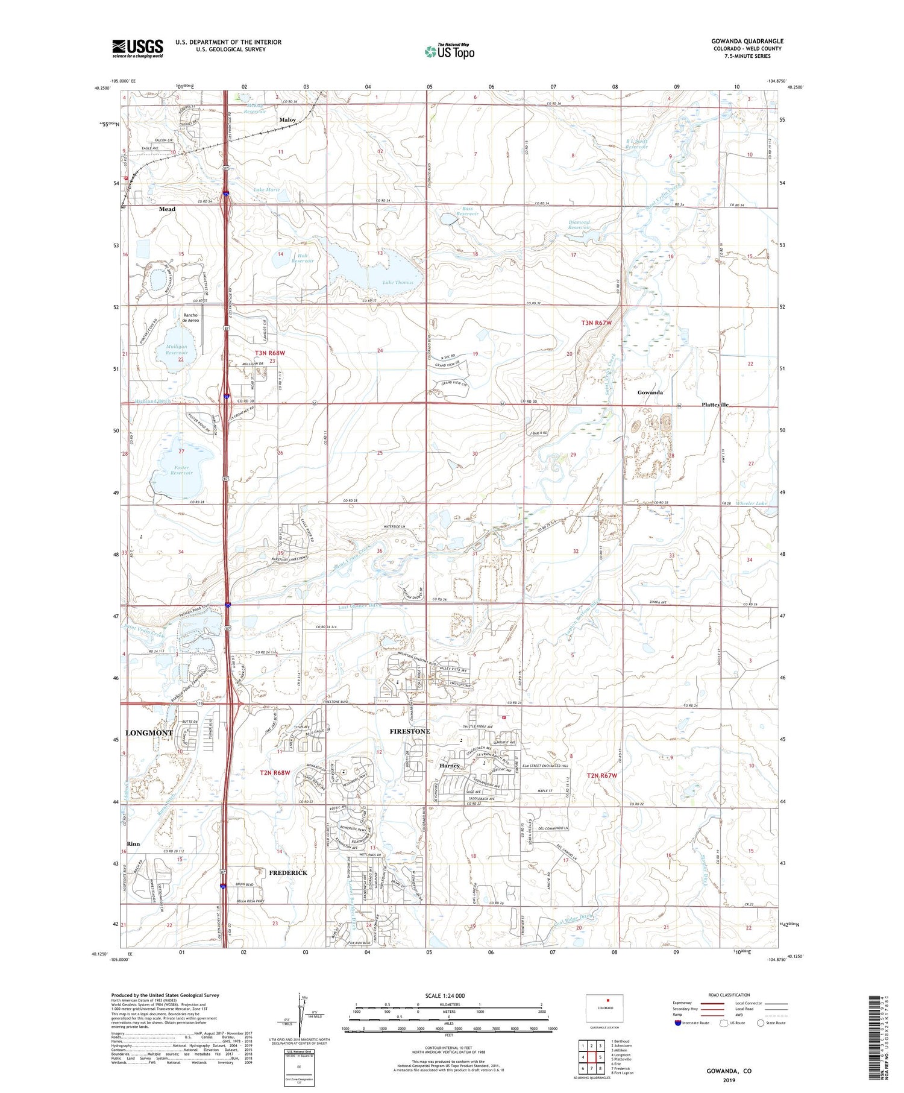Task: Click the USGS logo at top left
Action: pos(137,48)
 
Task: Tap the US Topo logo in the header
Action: pos(450,52)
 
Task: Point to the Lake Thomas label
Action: pos(398,282)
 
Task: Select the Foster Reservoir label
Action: pos(181,470)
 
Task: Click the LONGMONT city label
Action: pos(149,732)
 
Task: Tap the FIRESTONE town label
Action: pos(410,731)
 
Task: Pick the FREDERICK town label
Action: pos(287,872)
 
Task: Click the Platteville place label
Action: pos(715,405)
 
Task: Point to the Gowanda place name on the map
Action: pos(650,392)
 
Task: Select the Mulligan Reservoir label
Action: pos(176,350)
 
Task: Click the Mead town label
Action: pos(167,209)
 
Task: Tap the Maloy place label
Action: pos(287,120)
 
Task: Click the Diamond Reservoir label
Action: pos(579,225)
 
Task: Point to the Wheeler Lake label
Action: pos(751,503)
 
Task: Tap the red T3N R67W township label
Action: pos(596,323)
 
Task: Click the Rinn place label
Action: pos(133,843)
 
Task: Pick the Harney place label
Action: pos(449,766)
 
